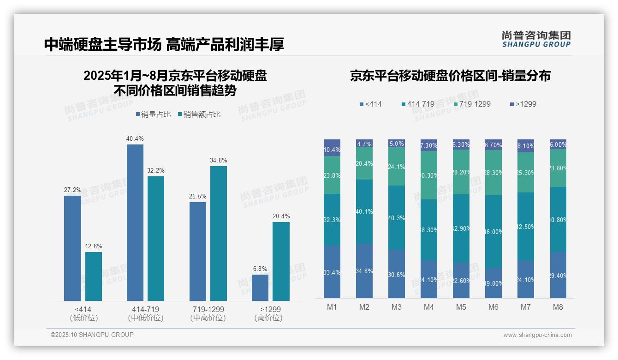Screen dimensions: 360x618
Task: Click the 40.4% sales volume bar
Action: pos(135,222)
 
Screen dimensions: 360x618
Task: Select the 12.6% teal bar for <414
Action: pos(94,276)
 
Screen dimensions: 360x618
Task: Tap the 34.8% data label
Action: pos(218,160)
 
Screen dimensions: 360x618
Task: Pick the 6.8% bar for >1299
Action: pos(260,288)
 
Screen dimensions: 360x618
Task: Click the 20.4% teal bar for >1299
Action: pos(281,261)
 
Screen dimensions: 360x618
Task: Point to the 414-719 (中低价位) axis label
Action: pos(145,313)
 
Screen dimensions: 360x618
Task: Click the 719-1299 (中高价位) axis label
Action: pos(208,313)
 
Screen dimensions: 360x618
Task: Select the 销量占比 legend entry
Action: pos(153,114)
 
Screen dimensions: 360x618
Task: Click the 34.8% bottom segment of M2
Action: pos(364,270)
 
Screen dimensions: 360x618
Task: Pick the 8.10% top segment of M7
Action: pos(526,145)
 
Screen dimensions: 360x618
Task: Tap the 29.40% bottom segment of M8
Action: pos(558,275)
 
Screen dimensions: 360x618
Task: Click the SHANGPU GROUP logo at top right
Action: pos(536,39)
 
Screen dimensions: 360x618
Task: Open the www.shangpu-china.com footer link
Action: pos(537,335)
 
